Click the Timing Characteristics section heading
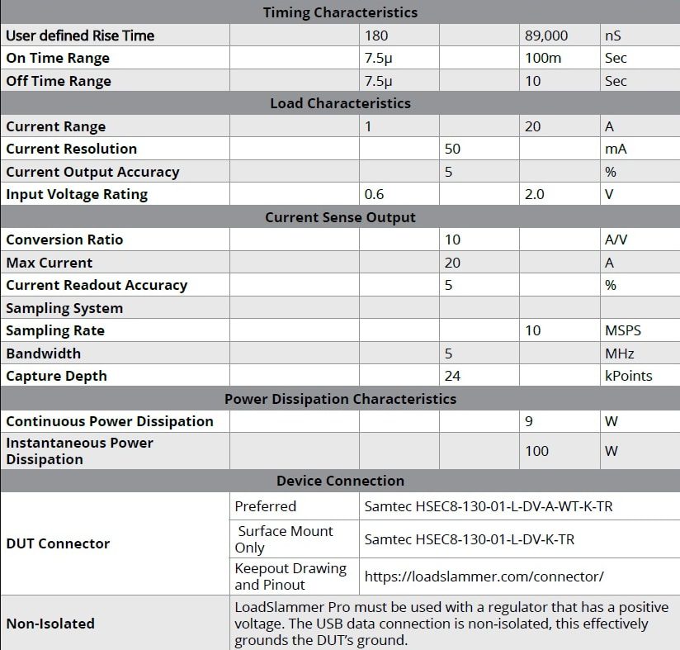pyautogui.click(x=340, y=12)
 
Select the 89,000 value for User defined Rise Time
pyautogui.click(x=546, y=36)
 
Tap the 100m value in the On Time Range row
pyautogui.click(x=541, y=58)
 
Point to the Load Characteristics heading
pyautogui.click(x=340, y=103)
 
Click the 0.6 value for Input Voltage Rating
pyautogui.click(x=375, y=194)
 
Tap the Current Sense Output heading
pyautogui.click(x=340, y=217)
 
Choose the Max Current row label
pyautogui.click(x=50, y=263)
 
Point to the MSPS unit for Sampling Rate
pyautogui.click(x=623, y=330)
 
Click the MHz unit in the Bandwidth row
pyautogui.click(x=620, y=353)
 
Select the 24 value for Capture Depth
pyautogui.click(x=452, y=376)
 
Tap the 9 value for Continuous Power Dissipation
pyautogui.click(x=529, y=421)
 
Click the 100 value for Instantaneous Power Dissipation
pyautogui.click(x=536, y=451)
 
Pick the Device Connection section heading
pyautogui.click(x=340, y=481)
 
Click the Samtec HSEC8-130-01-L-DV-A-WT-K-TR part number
pyautogui.click(x=489, y=506)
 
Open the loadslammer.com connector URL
pyautogui.click(x=484, y=576)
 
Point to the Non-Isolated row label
pyautogui.click(x=50, y=624)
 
